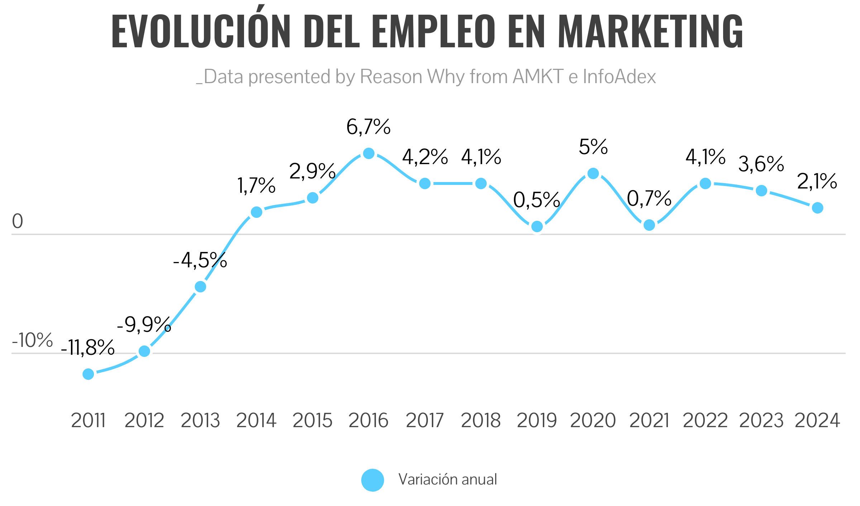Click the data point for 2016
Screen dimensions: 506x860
point(369,153)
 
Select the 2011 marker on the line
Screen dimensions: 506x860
point(88,374)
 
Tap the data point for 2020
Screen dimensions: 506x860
point(593,173)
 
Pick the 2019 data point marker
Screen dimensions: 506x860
point(537,226)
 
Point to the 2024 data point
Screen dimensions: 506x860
point(818,208)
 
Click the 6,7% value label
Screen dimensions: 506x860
point(368,127)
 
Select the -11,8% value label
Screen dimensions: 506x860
point(88,348)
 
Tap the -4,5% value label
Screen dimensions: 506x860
point(200,261)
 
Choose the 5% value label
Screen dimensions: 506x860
point(593,147)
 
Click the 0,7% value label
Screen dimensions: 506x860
point(649,199)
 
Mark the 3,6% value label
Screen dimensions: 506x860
point(761,164)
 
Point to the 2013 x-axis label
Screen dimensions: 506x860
point(200,421)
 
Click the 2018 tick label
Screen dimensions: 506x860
point(481,421)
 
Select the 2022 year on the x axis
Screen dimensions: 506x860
point(705,421)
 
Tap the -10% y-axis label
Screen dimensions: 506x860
point(32,340)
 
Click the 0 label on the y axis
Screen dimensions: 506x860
point(18,221)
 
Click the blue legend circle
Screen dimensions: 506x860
point(373,480)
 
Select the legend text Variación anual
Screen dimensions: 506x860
point(448,479)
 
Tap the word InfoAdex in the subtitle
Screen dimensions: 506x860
point(619,77)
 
